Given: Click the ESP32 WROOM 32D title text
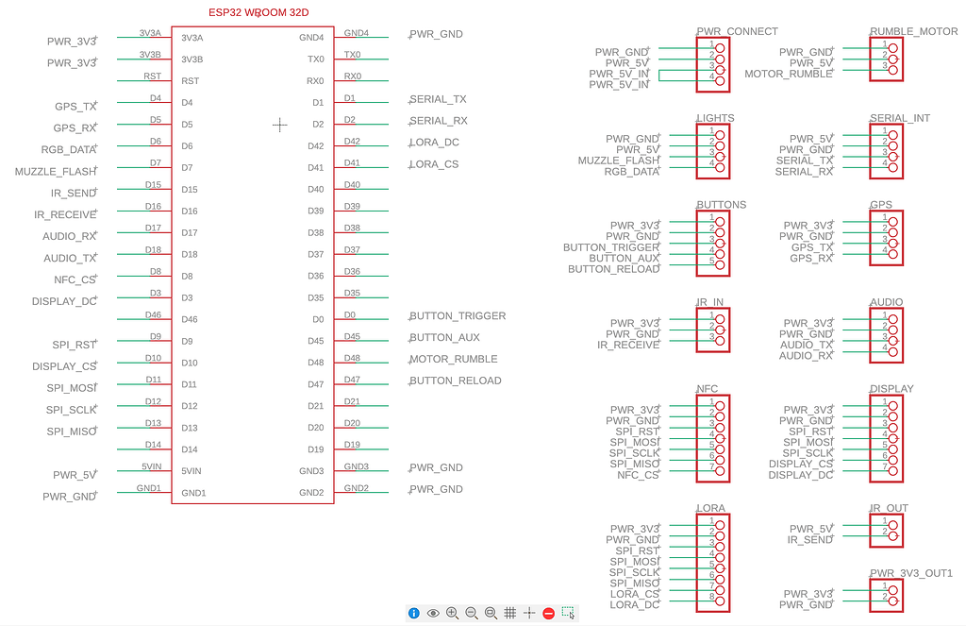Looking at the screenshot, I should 271,12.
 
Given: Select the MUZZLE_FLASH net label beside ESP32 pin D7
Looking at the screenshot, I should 55,172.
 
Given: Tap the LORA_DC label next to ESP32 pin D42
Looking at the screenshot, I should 435,143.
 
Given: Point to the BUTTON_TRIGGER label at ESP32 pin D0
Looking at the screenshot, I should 458,316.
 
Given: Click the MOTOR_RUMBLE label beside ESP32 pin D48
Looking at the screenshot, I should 454,360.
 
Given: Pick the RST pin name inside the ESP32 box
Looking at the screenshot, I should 190,81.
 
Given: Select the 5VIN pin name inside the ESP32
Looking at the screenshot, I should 192,471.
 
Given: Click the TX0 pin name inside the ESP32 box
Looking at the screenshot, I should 315,59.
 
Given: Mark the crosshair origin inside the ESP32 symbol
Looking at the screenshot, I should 279,125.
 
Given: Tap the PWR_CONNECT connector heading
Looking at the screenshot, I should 737,31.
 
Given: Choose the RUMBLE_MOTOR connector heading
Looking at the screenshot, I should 913,31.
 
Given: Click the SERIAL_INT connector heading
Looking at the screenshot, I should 899,118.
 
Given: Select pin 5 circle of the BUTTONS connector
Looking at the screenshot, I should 720,264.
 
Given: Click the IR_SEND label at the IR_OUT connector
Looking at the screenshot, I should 810,540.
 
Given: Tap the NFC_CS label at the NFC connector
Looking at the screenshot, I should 639,475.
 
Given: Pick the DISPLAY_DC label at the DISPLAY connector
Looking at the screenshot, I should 801,475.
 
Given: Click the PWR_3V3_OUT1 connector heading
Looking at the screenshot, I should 910,573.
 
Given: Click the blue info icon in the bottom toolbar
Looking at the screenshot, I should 413,613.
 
